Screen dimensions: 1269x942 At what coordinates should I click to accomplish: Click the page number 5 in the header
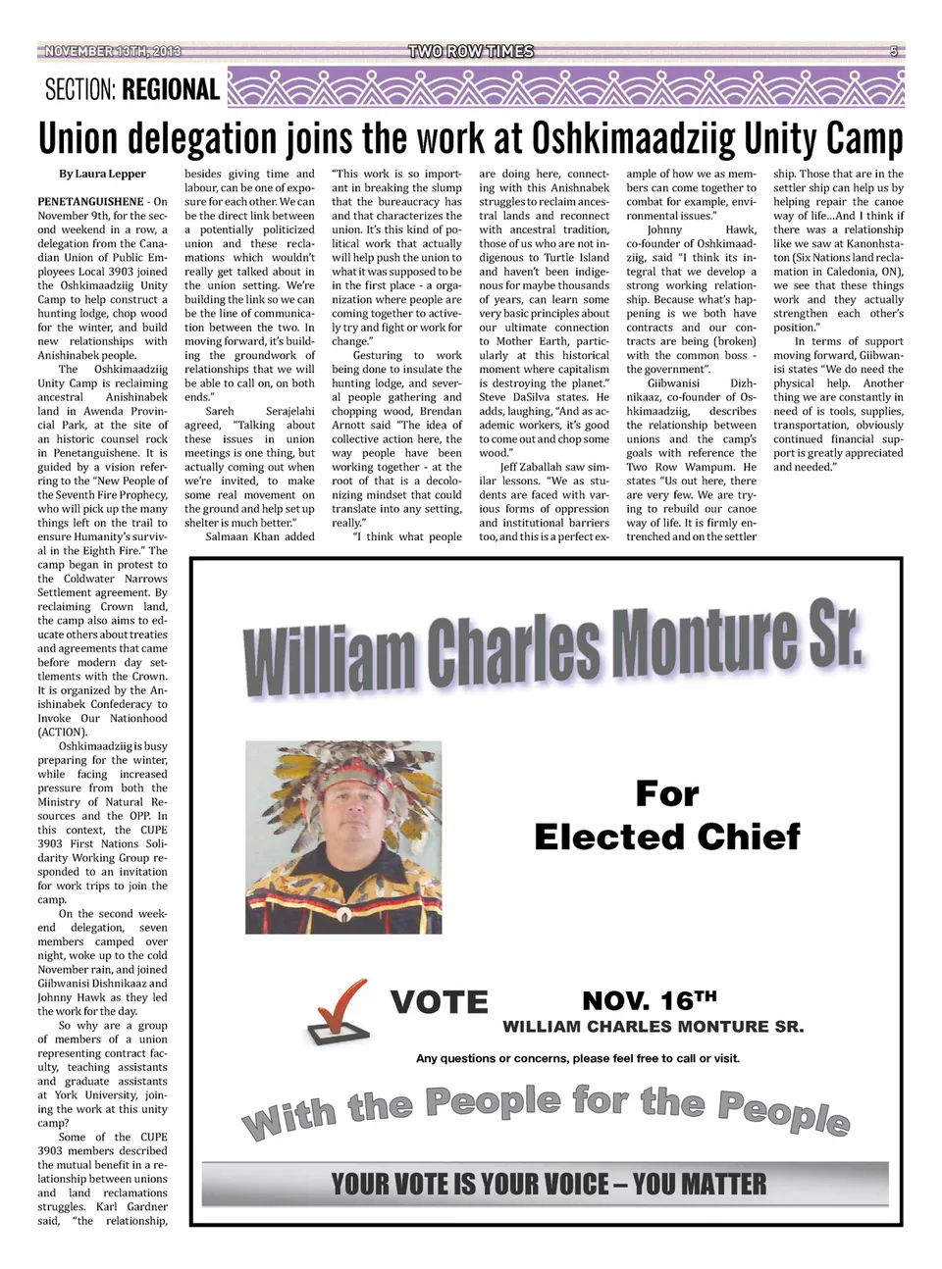893,51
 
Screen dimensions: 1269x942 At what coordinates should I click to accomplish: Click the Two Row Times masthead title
471,51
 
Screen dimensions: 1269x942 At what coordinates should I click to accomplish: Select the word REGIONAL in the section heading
172,90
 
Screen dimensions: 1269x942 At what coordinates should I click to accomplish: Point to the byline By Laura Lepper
102,174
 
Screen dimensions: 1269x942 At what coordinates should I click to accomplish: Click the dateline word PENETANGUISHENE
90,202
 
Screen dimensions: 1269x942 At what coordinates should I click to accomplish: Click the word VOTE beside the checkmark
439,1002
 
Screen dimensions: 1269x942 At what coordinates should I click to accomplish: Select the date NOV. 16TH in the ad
649,1000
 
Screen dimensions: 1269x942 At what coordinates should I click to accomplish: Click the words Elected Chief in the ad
666,837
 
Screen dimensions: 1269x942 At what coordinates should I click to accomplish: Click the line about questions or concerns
577,1058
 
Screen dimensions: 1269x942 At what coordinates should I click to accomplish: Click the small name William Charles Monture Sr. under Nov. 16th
653,1027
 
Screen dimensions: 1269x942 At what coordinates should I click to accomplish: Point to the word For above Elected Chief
667,792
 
